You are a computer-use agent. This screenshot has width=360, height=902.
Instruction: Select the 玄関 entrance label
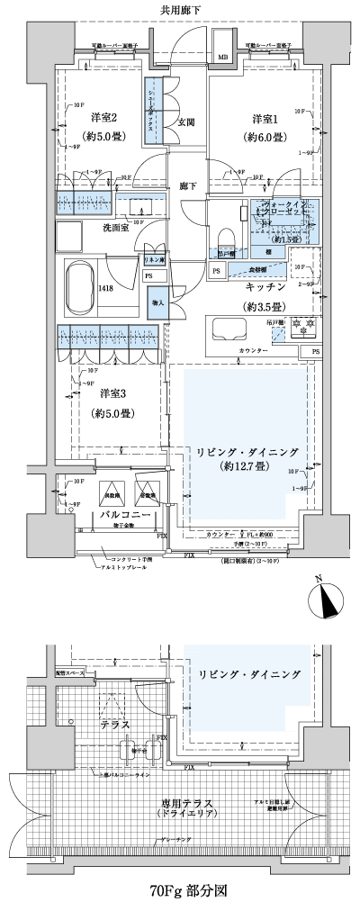[x=186, y=122]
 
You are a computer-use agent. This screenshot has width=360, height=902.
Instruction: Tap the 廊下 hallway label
[x=187, y=186]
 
